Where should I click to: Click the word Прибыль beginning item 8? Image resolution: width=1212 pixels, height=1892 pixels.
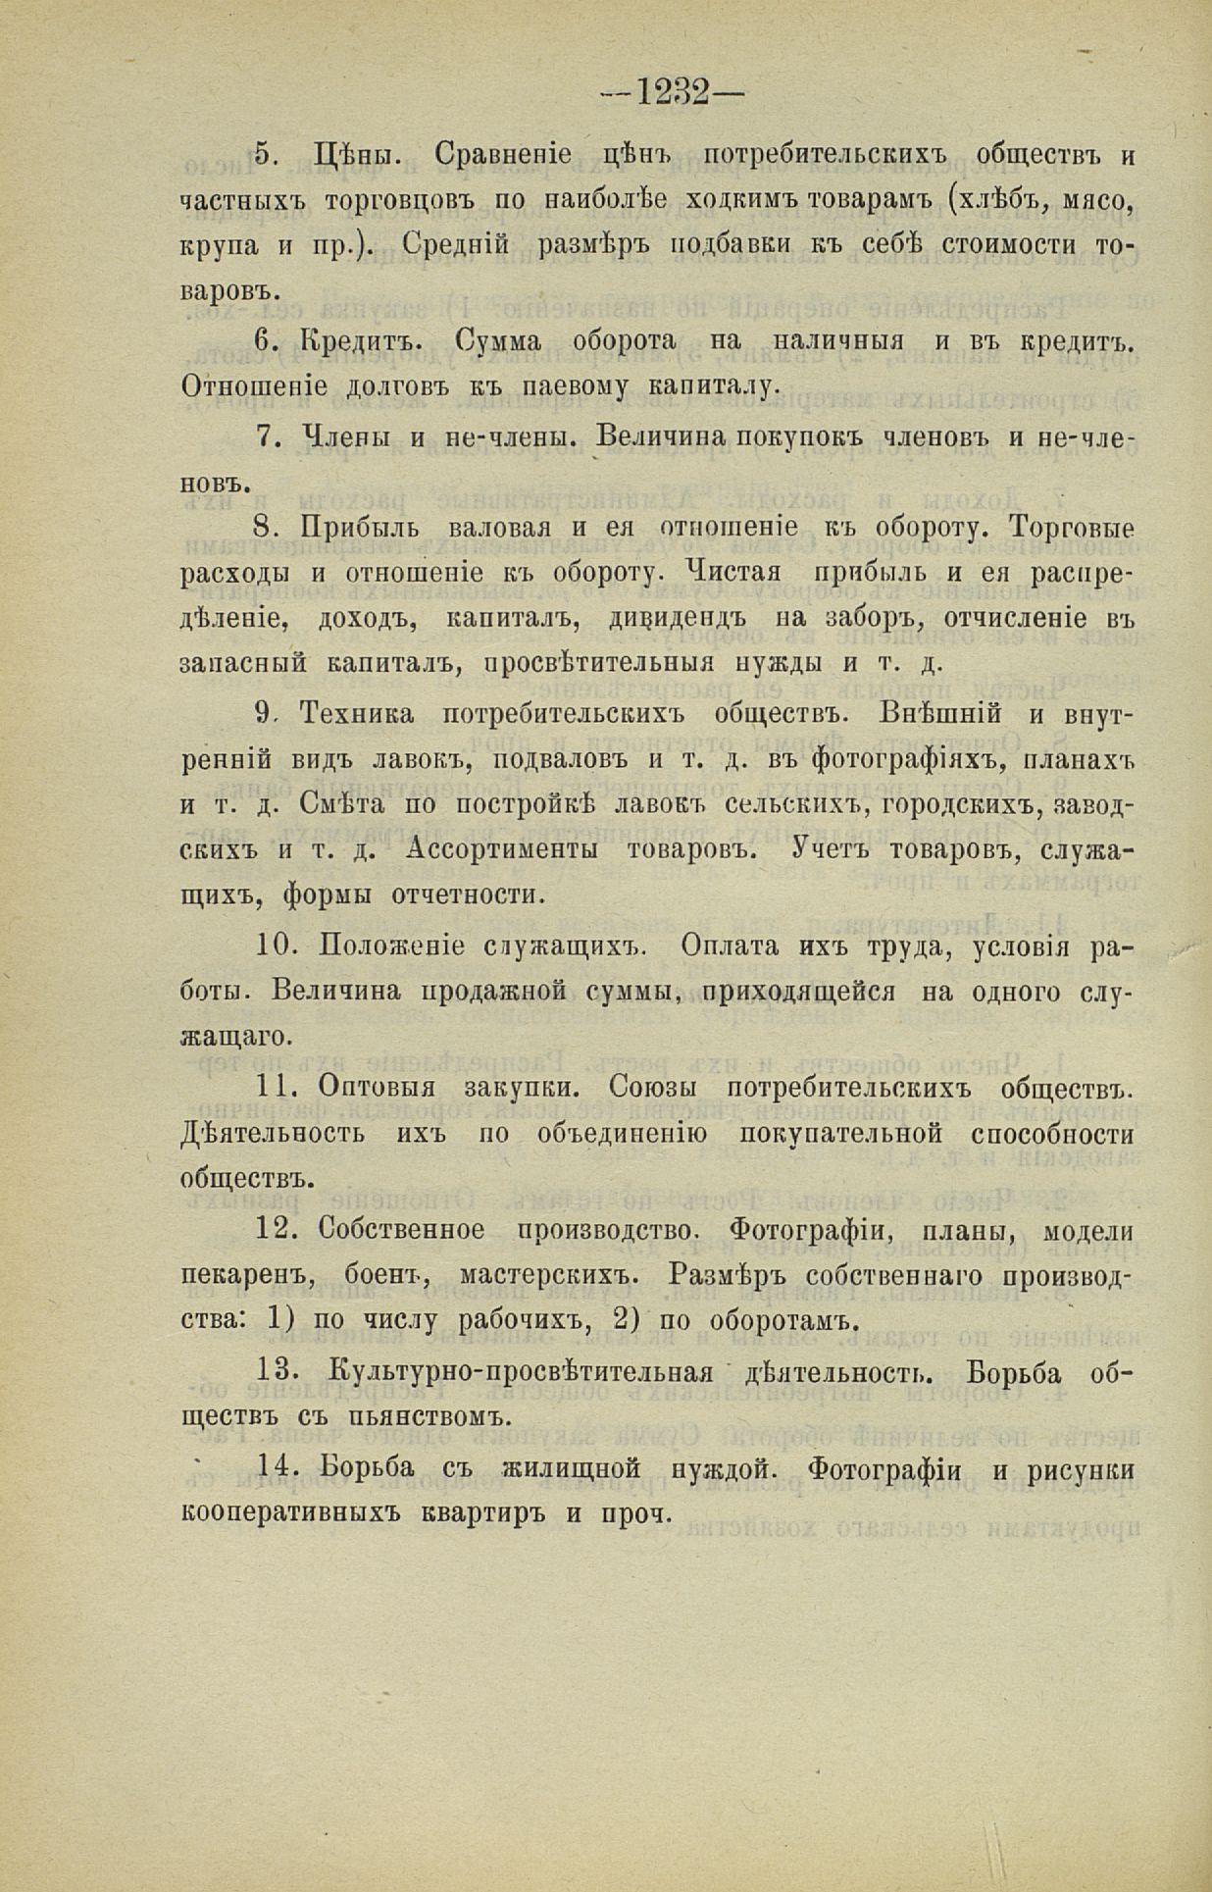(360, 528)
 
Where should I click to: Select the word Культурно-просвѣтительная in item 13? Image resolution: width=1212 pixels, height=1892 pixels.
(522, 1371)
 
